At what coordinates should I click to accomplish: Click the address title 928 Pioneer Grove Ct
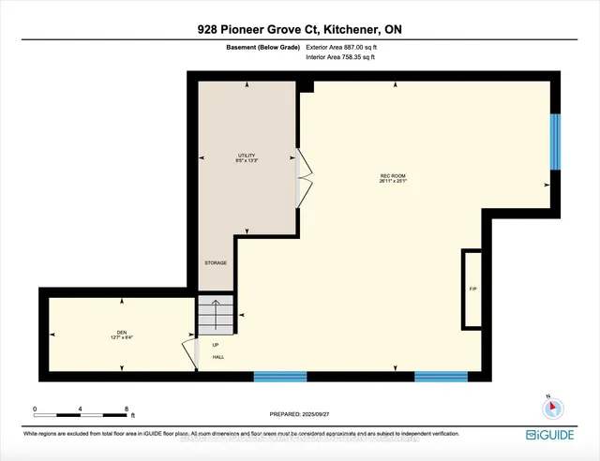tap(299, 29)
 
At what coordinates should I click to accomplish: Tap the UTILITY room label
tap(247, 157)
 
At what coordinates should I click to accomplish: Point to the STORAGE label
tap(216, 262)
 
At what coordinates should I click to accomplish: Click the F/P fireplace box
tap(472, 289)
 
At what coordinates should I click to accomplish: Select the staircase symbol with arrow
tap(213, 316)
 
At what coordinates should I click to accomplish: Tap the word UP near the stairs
tap(215, 345)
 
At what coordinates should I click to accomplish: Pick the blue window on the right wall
tap(555, 141)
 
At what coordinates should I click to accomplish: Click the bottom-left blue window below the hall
tap(280, 377)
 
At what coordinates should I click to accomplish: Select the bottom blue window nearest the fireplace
tap(441, 377)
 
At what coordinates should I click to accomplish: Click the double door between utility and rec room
tap(302, 177)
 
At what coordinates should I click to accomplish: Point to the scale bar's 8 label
tap(126, 409)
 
